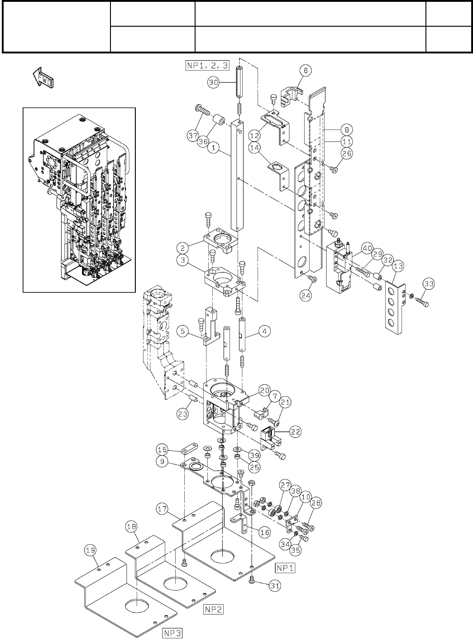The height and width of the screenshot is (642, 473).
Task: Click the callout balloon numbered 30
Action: point(214,82)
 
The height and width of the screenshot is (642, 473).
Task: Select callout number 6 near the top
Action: point(305,70)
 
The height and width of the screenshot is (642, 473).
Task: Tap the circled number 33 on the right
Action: point(429,284)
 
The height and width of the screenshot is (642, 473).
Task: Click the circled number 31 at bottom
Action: point(274,585)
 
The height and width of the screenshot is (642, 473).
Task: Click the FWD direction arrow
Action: point(43,77)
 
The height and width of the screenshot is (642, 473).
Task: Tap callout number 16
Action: point(264,532)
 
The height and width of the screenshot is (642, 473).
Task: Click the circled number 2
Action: point(182,248)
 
